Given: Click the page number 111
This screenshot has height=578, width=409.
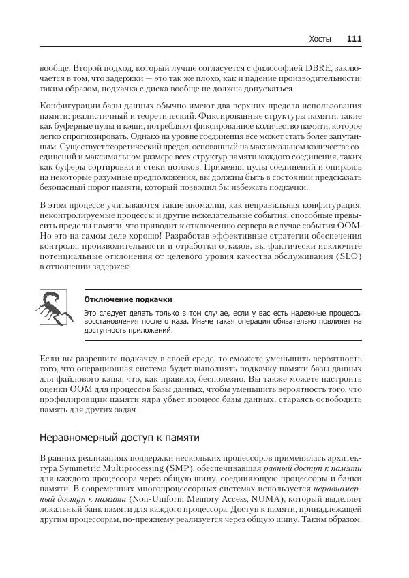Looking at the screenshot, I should pos(354,39).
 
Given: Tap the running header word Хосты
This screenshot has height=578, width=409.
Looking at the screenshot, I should pos(320,39).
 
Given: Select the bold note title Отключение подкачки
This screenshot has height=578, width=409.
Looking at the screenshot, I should pos(128,299).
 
